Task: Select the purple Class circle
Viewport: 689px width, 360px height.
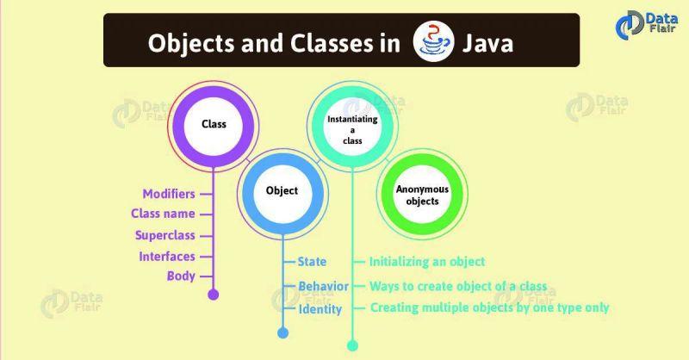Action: tap(213, 124)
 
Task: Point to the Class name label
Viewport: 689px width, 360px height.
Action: tap(162, 214)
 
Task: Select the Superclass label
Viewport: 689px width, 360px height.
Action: tap(164, 235)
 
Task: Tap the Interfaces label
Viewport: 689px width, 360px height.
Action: tap(166, 256)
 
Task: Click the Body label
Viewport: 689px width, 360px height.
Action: tap(180, 276)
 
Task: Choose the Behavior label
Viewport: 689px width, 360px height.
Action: tap(323, 286)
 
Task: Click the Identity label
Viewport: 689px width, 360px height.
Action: tap(320, 308)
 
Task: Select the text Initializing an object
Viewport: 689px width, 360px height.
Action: tap(427, 261)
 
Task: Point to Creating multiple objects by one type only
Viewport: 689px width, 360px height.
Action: tap(489, 307)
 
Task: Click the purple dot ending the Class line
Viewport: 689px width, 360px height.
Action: tap(214, 295)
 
